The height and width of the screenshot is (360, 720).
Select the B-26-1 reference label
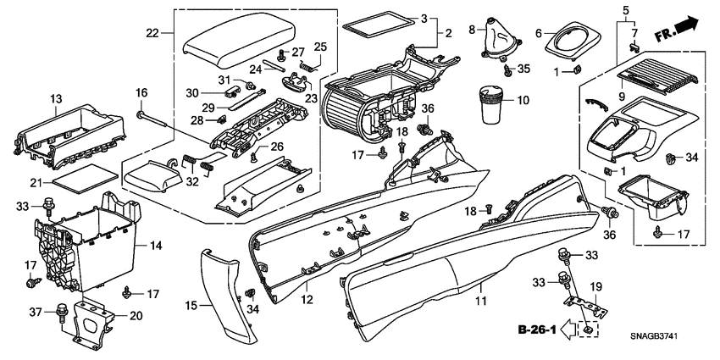(x=537, y=329)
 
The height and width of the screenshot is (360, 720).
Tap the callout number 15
(x=190, y=305)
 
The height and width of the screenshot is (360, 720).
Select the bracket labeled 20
(x=93, y=321)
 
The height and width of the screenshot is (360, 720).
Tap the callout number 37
(x=36, y=313)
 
